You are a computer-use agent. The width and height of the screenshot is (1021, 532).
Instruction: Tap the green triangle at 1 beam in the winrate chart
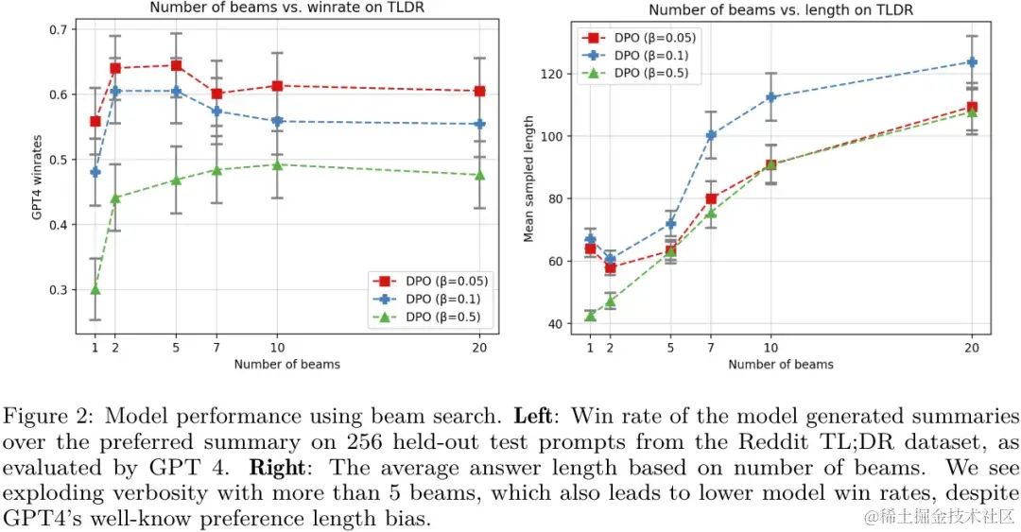(95, 289)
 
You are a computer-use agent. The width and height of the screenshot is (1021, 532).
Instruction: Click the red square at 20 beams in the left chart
(479, 92)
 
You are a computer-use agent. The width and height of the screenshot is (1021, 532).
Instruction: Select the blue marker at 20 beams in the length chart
(971, 62)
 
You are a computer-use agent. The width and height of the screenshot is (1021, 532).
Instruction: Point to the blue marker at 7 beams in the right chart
(712, 135)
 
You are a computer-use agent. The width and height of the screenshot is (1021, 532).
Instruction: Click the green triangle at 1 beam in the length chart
(590, 316)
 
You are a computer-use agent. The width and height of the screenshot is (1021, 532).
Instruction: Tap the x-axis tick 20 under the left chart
(479, 347)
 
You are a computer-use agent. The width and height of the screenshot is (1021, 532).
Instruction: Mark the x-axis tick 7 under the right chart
(712, 347)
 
